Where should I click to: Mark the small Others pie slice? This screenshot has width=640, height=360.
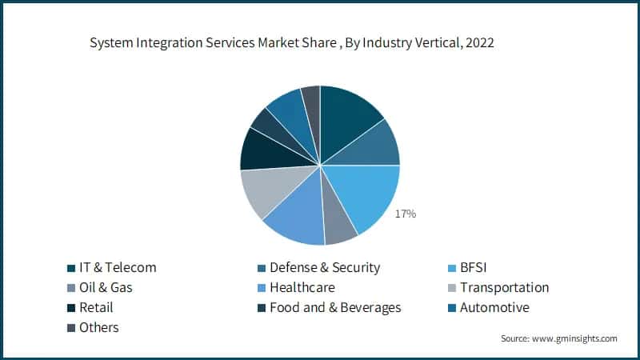click(x=311, y=100)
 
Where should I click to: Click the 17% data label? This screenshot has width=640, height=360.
click(x=405, y=214)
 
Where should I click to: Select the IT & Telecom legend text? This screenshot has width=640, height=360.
click(x=117, y=267)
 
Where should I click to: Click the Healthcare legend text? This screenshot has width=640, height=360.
click(x=302, y=287)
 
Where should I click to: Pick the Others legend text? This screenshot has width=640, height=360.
click(x=98, y=327)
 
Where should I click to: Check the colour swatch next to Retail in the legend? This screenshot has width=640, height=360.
click(x=70, y=308)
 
